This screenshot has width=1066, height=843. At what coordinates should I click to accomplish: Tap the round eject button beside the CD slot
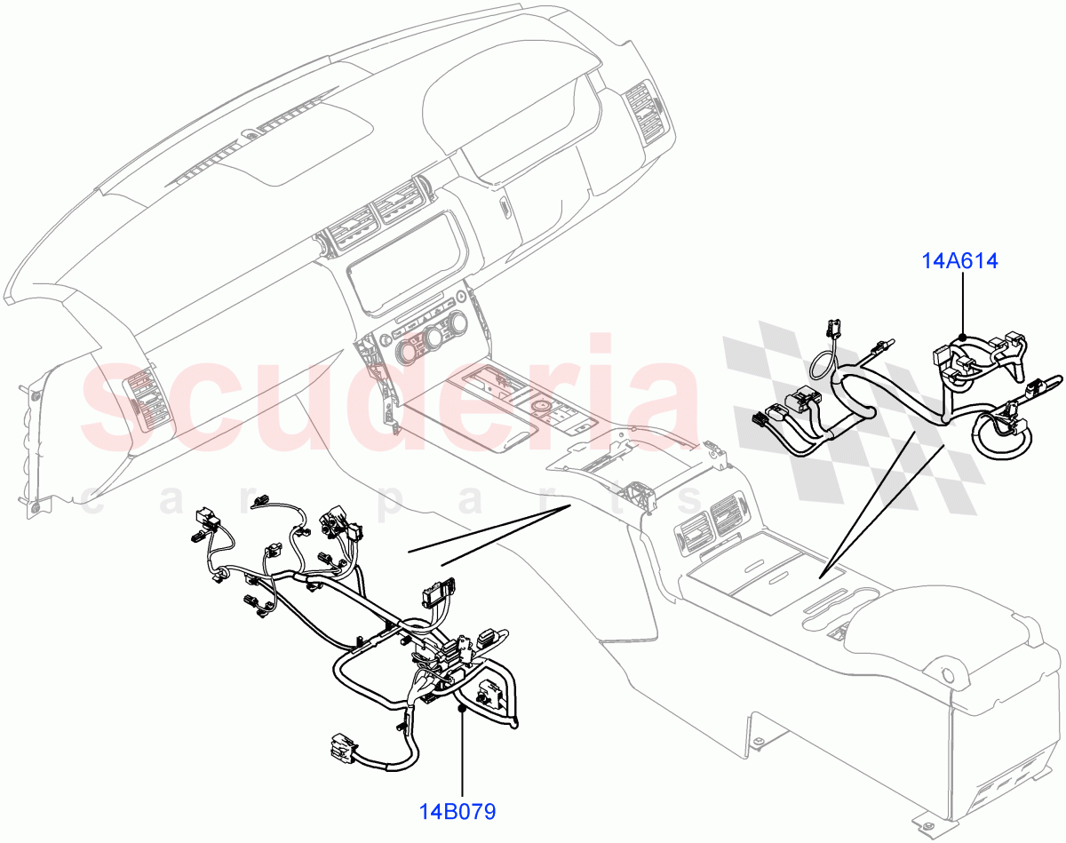pyautogui.click(x=462, y=296)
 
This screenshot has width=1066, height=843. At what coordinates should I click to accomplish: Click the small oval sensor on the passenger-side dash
pyautogui.click(x=505, y=210)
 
